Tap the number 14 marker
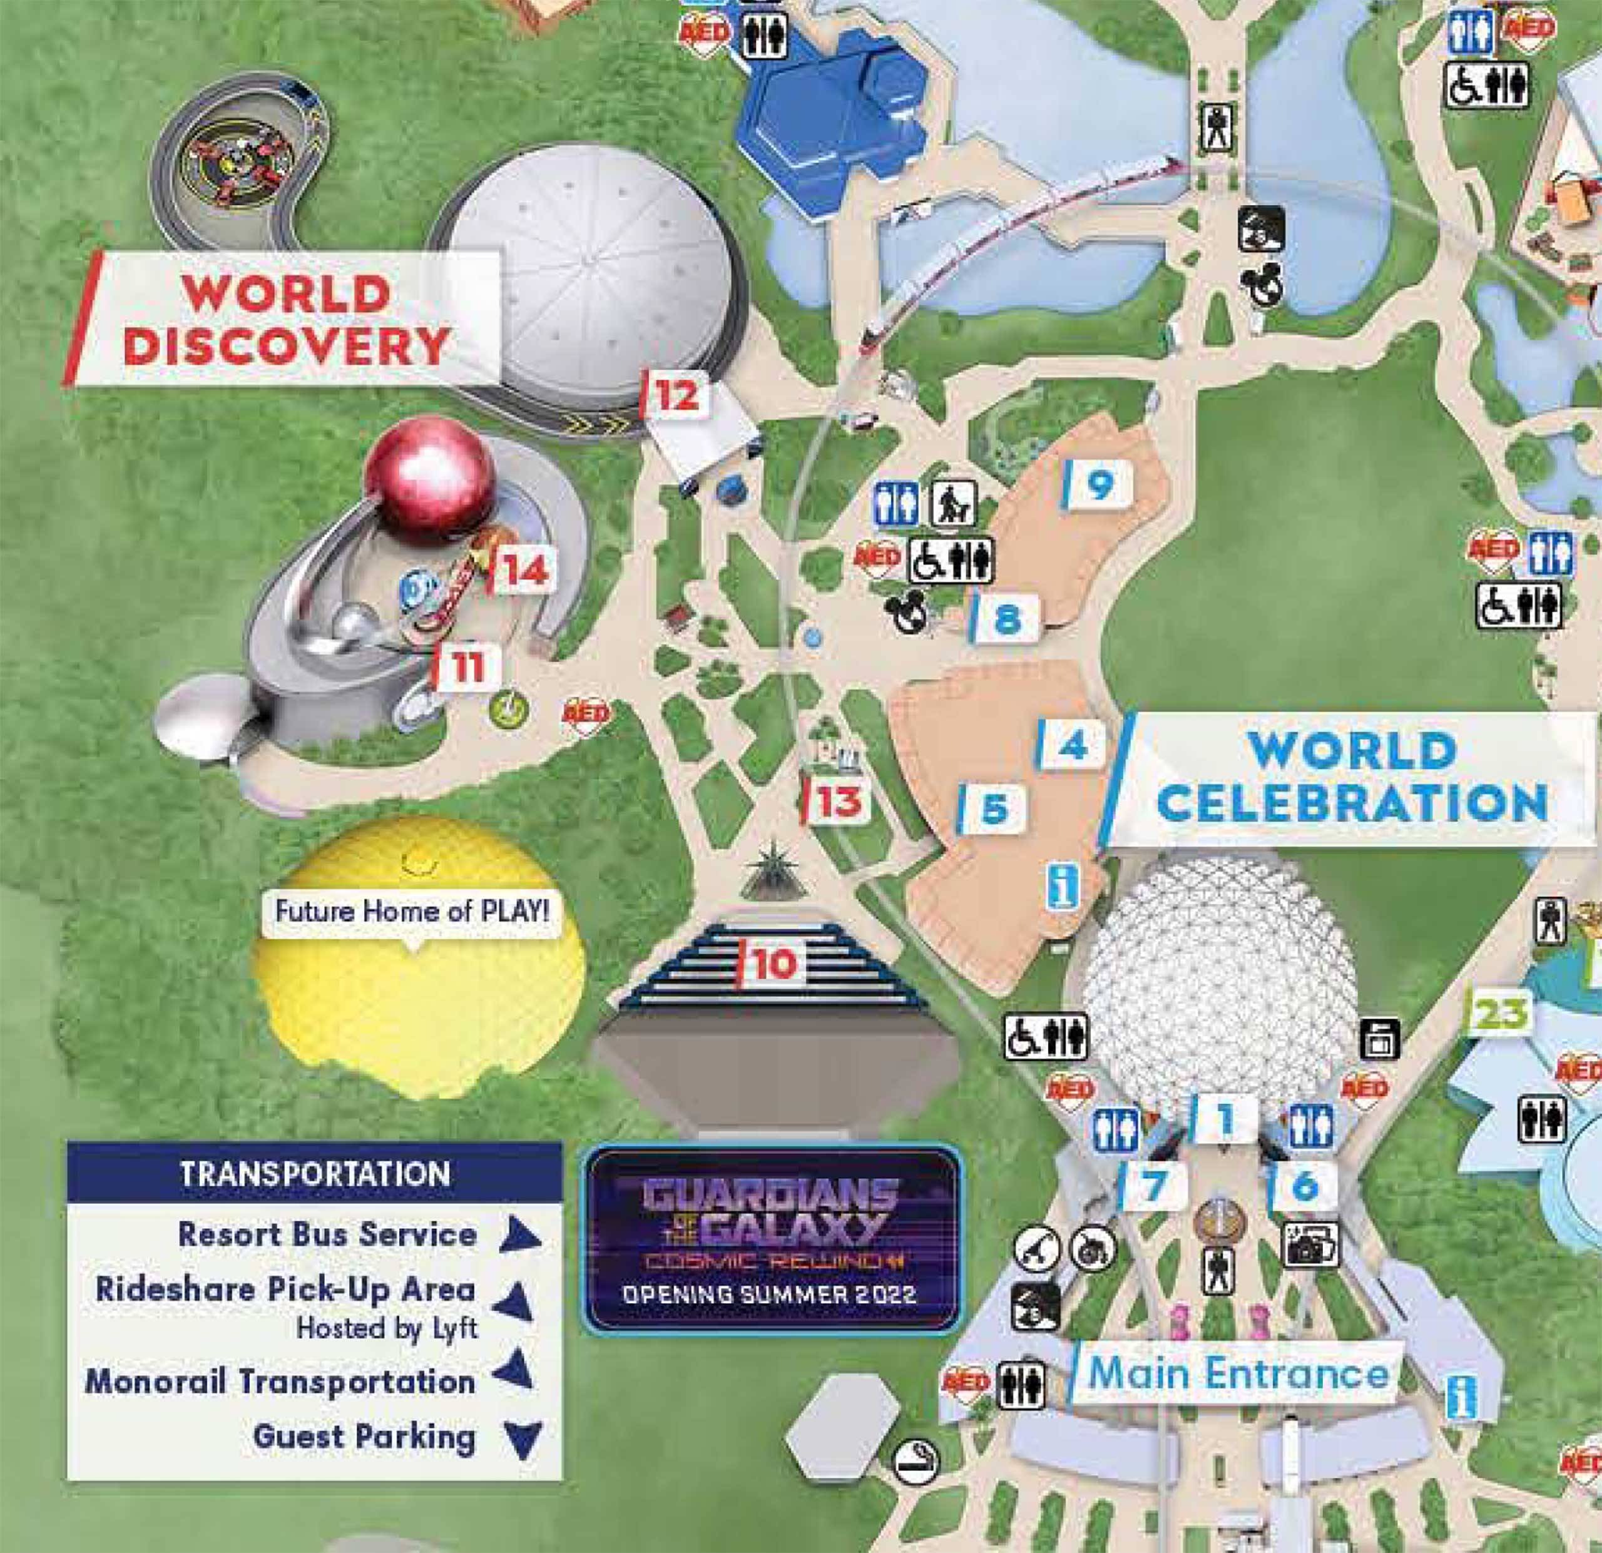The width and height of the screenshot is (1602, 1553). pos(524,571)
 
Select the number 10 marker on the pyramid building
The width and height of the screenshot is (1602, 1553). pos(772,964)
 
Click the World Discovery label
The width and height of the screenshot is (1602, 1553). pos(286,318)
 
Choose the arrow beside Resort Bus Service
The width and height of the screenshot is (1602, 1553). pos(520,1235)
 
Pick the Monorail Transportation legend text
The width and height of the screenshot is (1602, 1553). pos(280,1382)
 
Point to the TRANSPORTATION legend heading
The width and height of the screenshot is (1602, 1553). pos(315,1174)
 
